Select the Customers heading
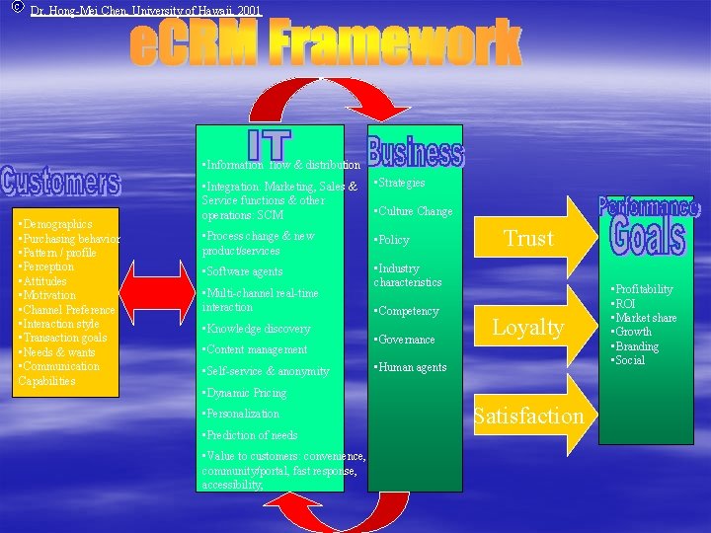point(60,182)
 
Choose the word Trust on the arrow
point(529,238)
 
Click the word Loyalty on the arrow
point(528,327)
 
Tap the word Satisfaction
point(528,416)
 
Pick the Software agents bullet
point(243,271)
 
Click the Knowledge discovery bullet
point(256,329)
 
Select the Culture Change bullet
point(414,211)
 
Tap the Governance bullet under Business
point(406,340)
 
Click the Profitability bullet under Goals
point(644,289)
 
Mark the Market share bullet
point(646,318)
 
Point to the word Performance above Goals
point(648,207)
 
